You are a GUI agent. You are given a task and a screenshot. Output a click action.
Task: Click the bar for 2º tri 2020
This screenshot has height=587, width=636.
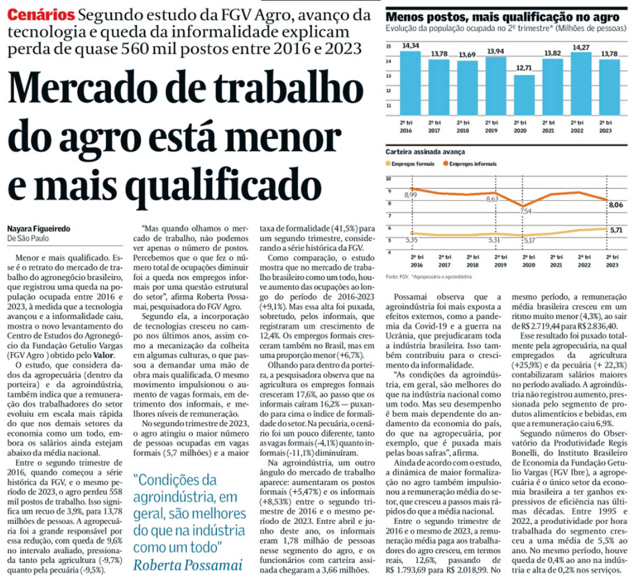(x=525, y=95)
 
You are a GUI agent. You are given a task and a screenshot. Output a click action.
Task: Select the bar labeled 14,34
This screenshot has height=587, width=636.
(x=410, y=82)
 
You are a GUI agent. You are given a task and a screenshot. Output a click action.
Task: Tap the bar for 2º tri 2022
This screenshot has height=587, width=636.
(x=582, y=82)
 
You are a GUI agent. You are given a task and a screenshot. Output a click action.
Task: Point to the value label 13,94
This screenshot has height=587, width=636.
(x=496, y=51)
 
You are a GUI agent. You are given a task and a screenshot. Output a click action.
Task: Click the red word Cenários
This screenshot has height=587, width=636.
(x=42, y=13)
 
